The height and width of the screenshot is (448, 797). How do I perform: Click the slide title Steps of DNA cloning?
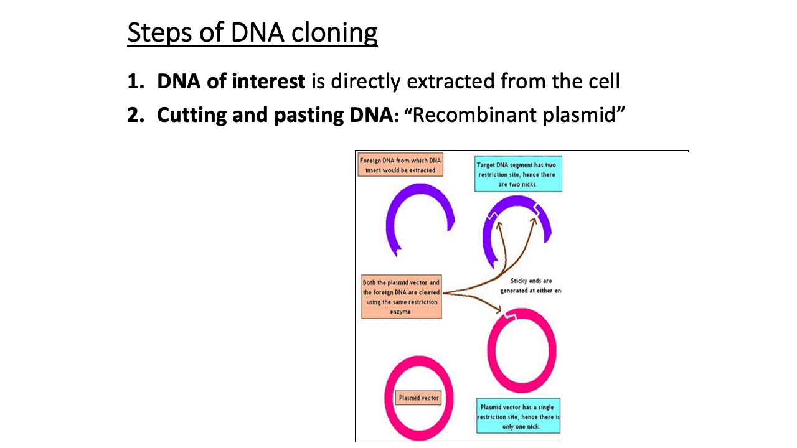252,33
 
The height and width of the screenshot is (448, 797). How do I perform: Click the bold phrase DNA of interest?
231,82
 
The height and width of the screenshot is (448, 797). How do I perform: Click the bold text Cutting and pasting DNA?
273,115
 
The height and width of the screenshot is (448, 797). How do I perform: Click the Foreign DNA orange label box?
400,166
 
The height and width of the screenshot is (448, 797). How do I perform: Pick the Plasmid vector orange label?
418,398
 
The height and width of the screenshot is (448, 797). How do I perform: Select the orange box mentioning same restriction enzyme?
401,297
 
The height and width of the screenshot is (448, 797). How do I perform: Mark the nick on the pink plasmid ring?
510,318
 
